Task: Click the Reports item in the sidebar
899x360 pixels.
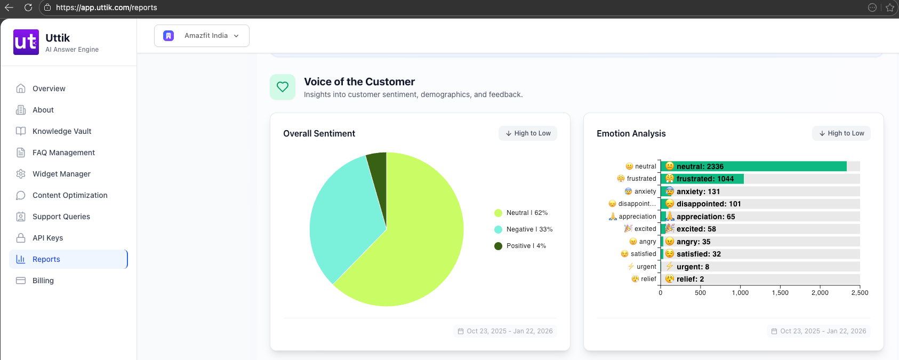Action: pos(46,259)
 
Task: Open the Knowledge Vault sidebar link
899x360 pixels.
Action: pos(61,131)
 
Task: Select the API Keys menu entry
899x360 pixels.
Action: pos(47,238)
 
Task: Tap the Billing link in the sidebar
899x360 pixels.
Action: pos(43,281)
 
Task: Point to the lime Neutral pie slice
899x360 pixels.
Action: pos(421,240)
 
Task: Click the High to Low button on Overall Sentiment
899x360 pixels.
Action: pos(528,133)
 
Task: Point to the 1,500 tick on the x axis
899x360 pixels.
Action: pos(780,293)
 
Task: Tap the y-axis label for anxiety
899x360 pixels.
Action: pos(645,191)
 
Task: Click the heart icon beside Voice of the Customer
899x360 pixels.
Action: pos(283,87)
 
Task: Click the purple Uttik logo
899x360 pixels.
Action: pos(26,42)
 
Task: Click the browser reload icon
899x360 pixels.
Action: pos(28,7)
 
